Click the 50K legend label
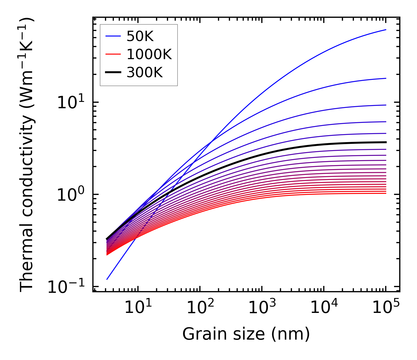[140, 36]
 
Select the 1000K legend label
[149, 55]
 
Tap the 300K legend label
[145, 73]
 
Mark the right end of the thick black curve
[386, 142]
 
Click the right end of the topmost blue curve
[386, 30]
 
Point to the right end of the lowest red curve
[386, 193]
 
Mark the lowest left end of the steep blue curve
[107, 279]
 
